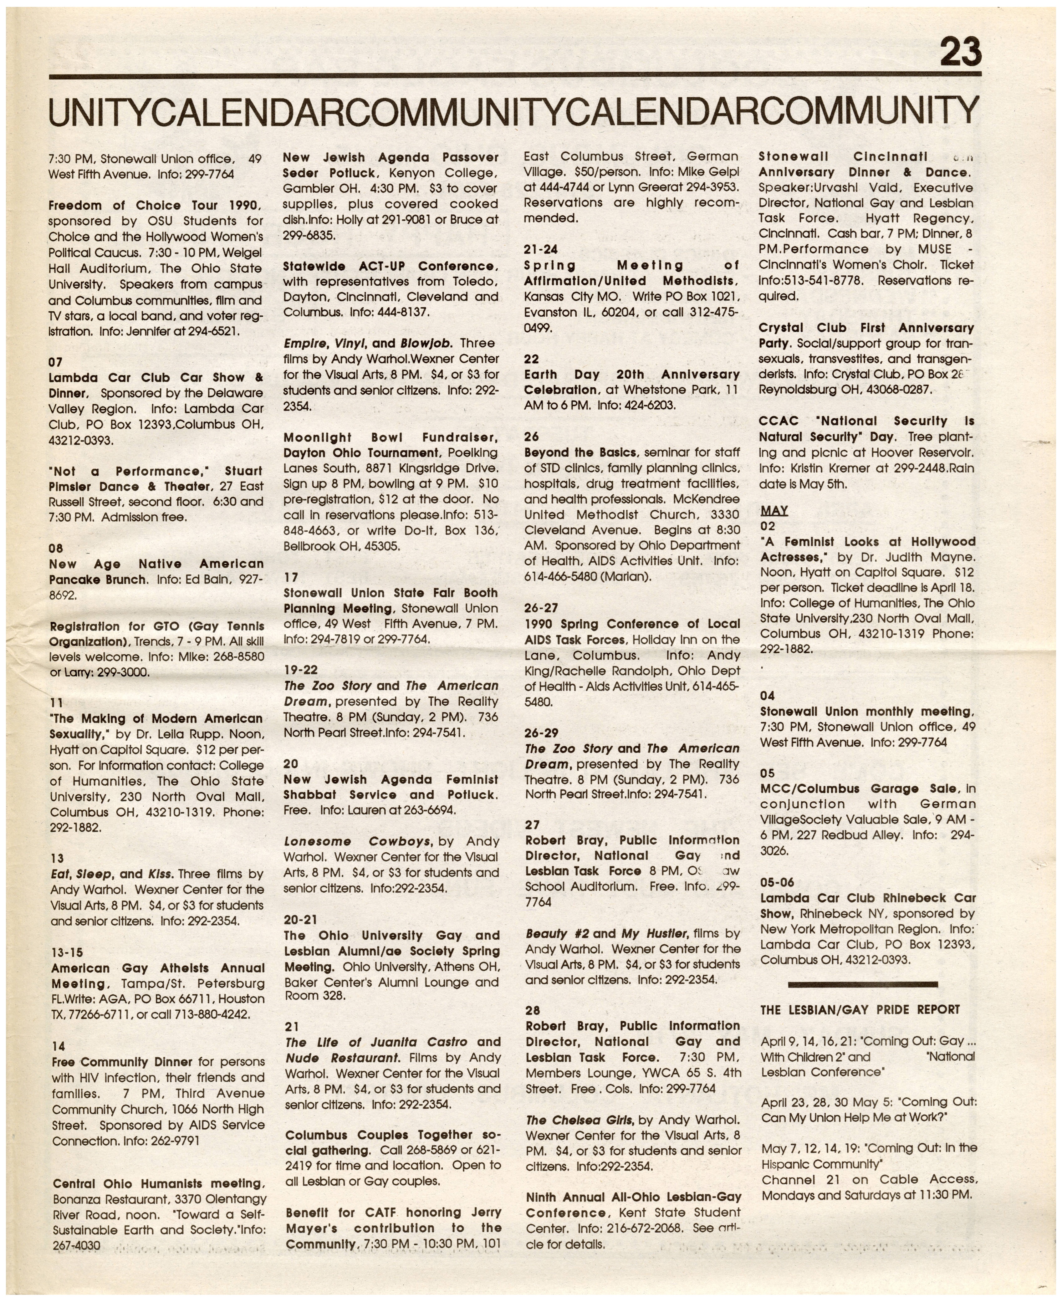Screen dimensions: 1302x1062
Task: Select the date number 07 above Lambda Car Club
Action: point(56,362)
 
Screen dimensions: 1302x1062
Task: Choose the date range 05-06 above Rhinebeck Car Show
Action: point(777,882)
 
